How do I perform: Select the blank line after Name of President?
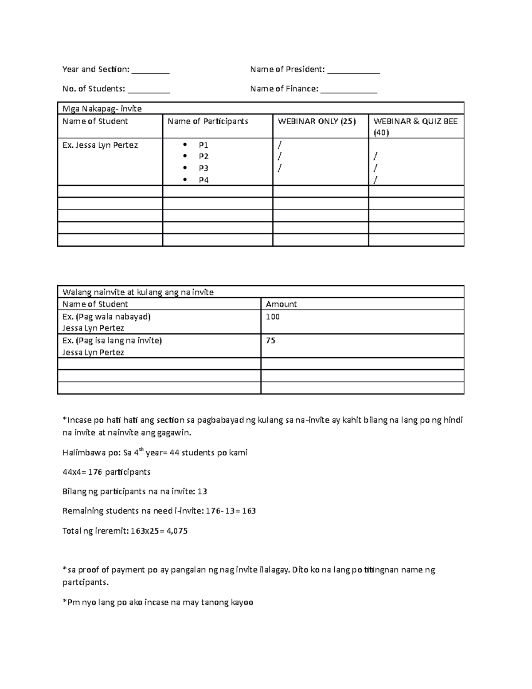click(353, 71)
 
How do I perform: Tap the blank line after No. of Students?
click(149, 90)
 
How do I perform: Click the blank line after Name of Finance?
click(349, 90)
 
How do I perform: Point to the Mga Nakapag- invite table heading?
click(102, 109)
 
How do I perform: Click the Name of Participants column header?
click(208, 121)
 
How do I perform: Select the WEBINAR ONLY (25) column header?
click(317, 121)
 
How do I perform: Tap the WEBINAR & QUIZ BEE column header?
click(415, 126)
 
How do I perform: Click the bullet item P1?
click(203, 145)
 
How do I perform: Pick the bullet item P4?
click(203, 180)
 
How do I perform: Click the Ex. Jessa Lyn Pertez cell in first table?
click(100, 145)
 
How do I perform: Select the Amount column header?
click(281, 304)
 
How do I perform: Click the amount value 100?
click(273, 317)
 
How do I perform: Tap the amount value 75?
click(270, 341)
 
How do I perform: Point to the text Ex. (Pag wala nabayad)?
click(106, 317)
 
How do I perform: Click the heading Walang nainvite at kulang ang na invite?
click(138, 292)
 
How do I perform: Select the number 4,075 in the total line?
click(177, 531)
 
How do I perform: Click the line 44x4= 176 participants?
click(106, 472)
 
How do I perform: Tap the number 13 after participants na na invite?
click(203, 492)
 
